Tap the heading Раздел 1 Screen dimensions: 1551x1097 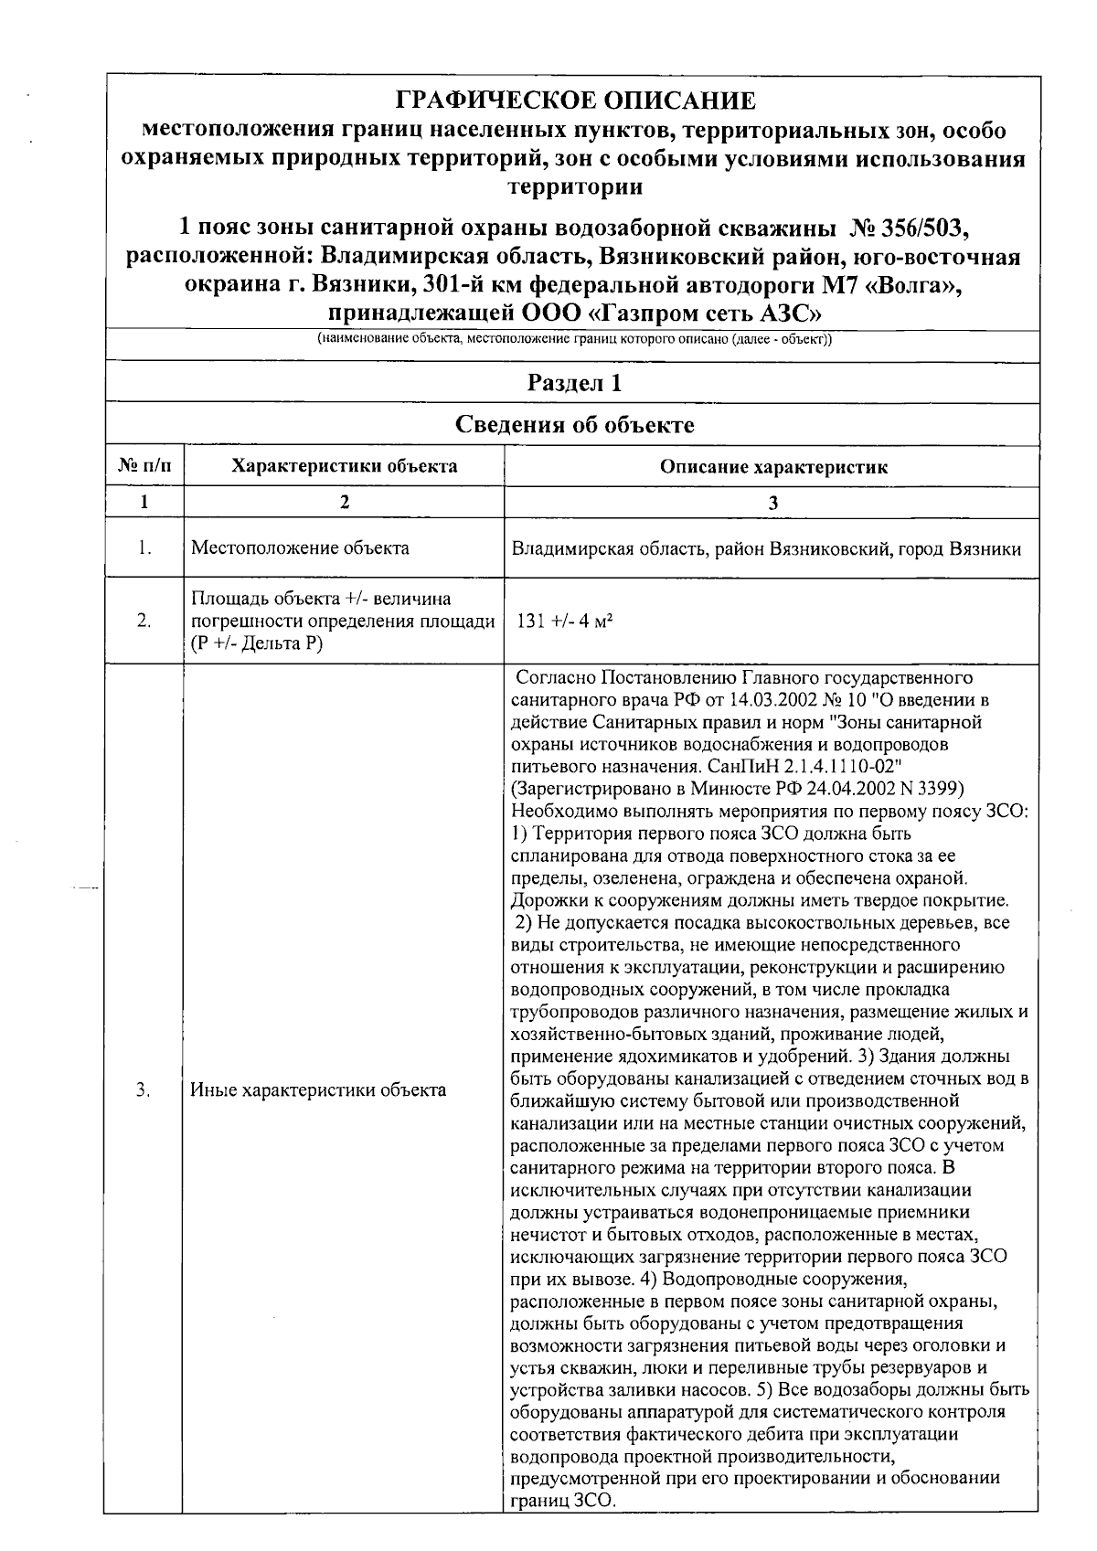click(x=575, y=383)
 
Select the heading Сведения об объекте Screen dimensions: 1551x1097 click(x=575, y=425)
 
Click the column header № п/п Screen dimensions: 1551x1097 click(x=144, y=467)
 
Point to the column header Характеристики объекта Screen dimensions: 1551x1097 click(x=344, y=467)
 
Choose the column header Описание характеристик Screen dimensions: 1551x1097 click(x=773, y=468)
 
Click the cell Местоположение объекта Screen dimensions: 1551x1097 click(x=300, y=548)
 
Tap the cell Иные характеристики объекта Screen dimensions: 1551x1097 click(x=318, y=1089)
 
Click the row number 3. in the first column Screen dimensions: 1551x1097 click(x=144, y=1089)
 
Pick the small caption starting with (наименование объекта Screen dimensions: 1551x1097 click(x=574, y=340)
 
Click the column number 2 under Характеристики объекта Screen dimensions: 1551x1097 click(x=344, y=502)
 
